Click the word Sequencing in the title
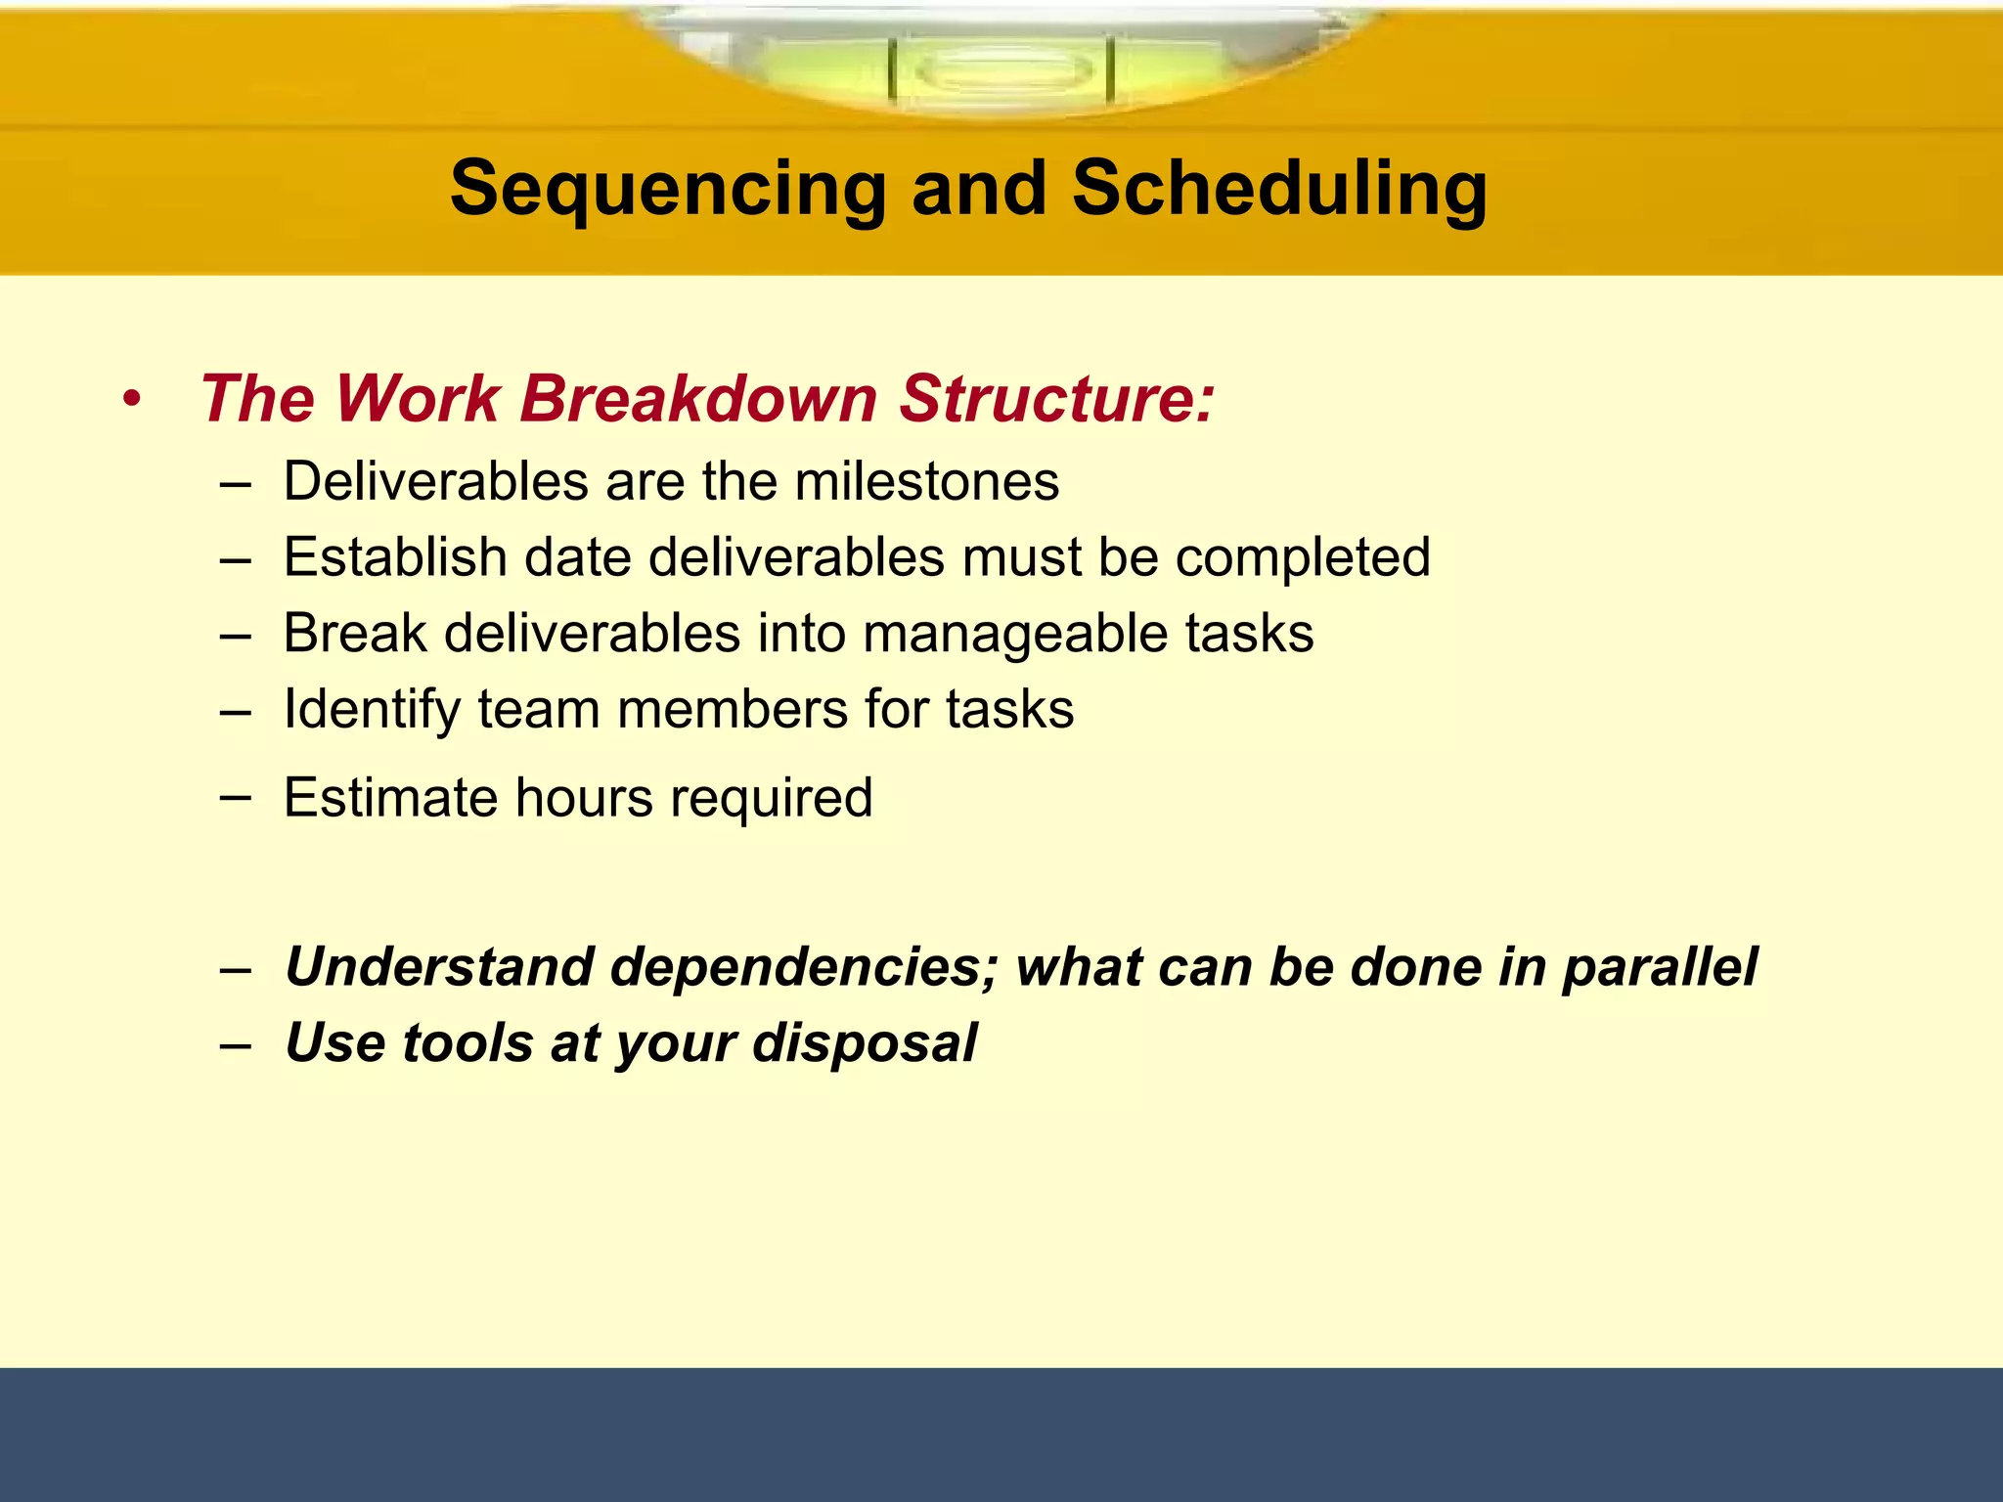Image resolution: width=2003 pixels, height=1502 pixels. (667, 189)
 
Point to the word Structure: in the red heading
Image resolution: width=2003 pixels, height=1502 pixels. (1056, 399)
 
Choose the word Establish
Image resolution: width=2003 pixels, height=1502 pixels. (395, 557)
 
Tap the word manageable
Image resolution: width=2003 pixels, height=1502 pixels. (1015, 634)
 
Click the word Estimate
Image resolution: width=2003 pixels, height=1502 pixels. (390, 797)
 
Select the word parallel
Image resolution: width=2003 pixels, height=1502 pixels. (1659, 966)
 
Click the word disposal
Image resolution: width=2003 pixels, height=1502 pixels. (865, 1042)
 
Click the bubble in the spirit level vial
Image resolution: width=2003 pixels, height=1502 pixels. (1003, 71)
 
